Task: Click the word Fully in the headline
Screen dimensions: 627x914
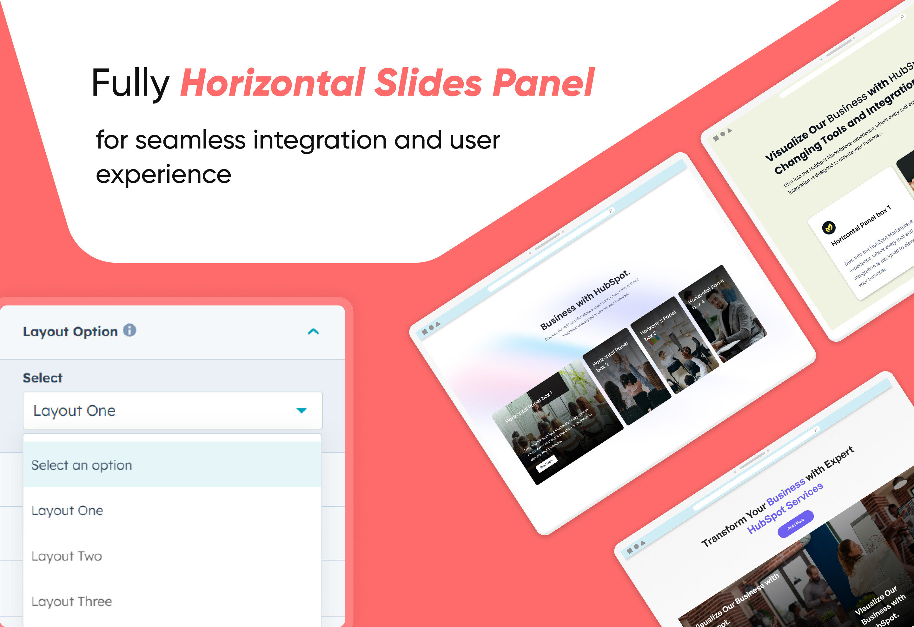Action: [x=130, y=83]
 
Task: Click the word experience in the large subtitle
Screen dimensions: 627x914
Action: [x=163, y=174]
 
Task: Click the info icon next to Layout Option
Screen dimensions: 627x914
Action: [x=129, y=331]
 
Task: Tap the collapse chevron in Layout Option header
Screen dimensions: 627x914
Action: [x=313, y=332]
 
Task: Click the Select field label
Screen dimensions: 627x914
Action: [x=43, y=378]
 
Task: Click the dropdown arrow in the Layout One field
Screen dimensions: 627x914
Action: [x=301, y=410]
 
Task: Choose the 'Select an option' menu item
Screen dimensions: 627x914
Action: [x=82, y=465]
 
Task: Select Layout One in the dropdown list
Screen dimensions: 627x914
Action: [x=67, y=511]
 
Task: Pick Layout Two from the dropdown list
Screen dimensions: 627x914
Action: [x=66, y=556]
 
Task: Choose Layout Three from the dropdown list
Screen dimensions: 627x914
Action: [x=72, y=601]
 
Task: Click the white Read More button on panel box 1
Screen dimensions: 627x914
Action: [x=547, y=464]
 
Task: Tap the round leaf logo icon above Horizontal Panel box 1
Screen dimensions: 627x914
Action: [x=829, y=227]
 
